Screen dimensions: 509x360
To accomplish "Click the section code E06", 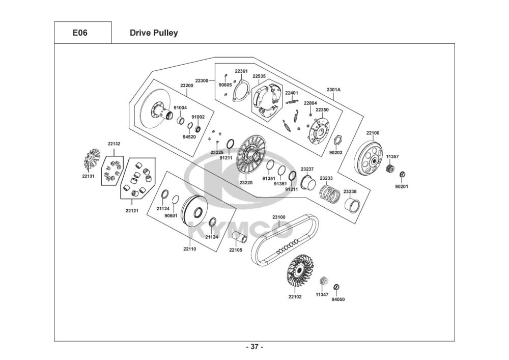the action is (x=80, y=33).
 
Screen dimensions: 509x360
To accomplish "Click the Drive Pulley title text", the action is (x=154, y=33).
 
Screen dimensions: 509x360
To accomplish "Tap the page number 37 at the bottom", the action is (x=254, y=347).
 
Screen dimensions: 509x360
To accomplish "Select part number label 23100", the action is (x=279, y=217).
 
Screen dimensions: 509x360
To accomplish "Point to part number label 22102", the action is (x=295, y=297).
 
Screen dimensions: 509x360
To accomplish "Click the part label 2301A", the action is (x=333, y=89).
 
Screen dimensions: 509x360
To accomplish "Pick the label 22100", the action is (x=373, y=133).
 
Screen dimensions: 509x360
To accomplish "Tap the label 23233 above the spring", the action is (x=326, y=178).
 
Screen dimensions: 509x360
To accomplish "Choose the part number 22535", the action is (x=259, y=76).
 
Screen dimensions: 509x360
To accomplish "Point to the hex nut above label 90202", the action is (x=337, y=140).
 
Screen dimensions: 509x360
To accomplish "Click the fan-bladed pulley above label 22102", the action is (x=300, y=270).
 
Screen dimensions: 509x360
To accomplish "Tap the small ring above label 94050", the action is (x=336, y=287).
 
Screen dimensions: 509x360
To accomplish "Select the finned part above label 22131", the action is (x=91, y=159).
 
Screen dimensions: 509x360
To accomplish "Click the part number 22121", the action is (x=132, y=211).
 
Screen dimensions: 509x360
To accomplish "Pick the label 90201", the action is (x=402, y=187).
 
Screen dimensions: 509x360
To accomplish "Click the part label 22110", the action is (x=190, y=249).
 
